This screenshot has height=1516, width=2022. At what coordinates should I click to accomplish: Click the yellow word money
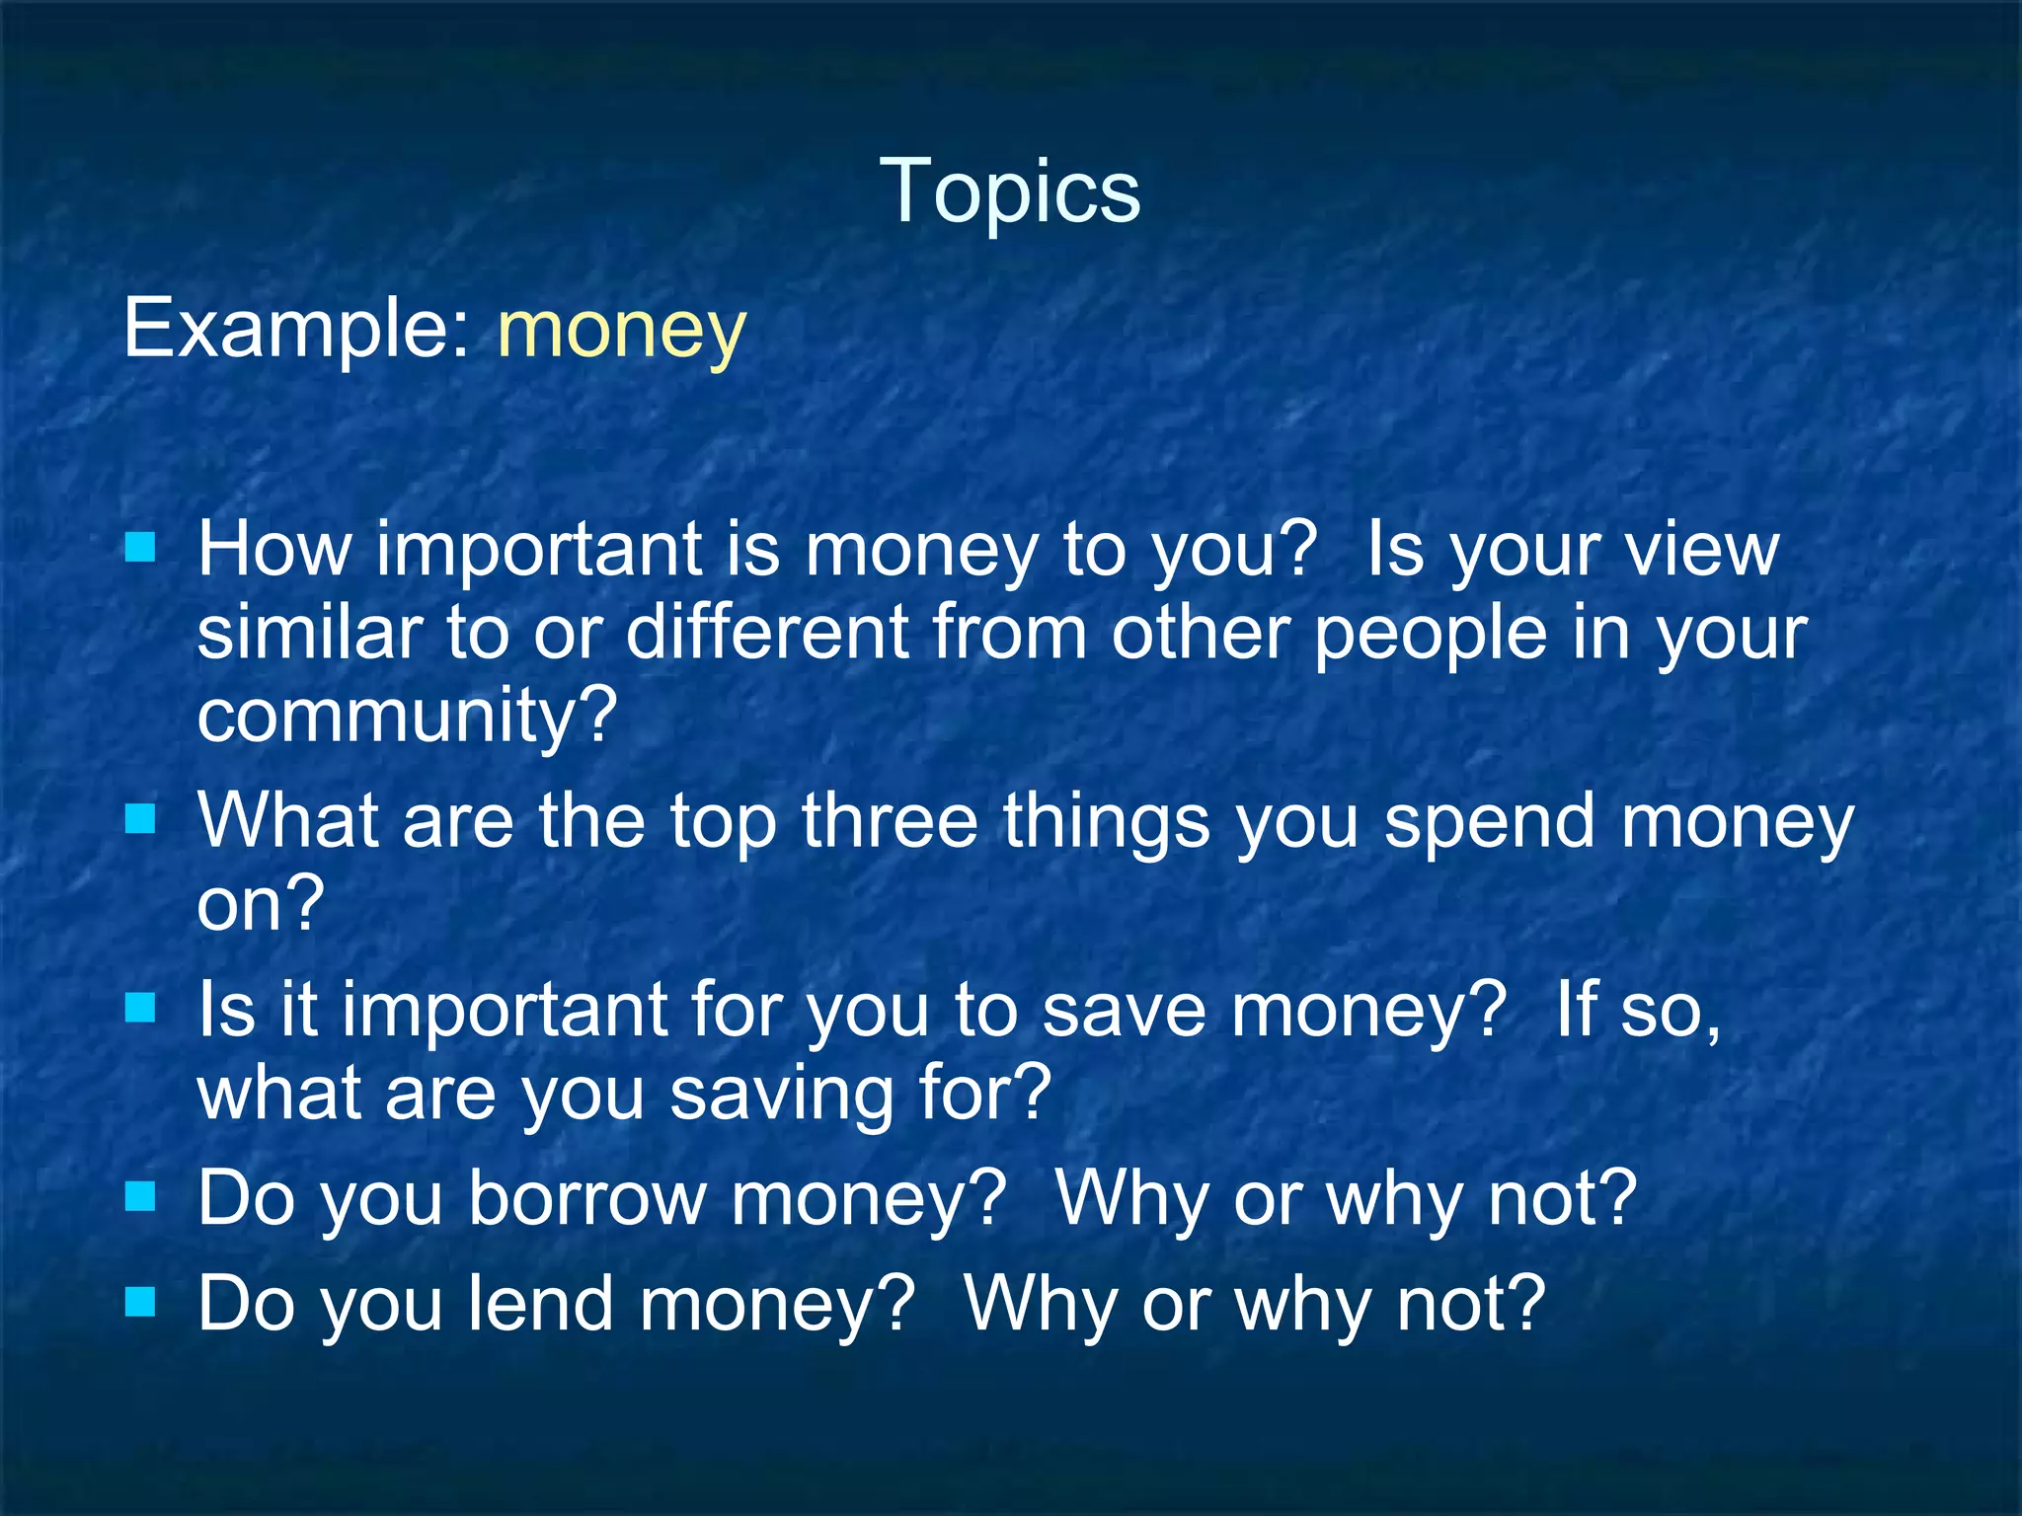[x=621, y=331]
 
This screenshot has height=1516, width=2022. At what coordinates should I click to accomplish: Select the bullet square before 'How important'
[x=141, y=547]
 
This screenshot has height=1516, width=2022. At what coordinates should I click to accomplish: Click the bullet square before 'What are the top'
[x=141, y=818]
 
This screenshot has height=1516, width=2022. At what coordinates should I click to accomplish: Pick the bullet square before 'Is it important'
[x=141, y=1008]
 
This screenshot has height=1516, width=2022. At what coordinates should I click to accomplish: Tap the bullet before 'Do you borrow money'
[x=141, y=1196]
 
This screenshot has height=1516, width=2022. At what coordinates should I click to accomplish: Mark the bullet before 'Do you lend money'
[x=141, y=1302]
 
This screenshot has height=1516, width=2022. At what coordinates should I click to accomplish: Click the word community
[x=406, y=717]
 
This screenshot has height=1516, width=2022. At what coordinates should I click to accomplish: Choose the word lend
[x=540, y=1305]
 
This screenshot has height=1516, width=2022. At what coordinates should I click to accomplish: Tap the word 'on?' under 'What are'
[x=260, y=904]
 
